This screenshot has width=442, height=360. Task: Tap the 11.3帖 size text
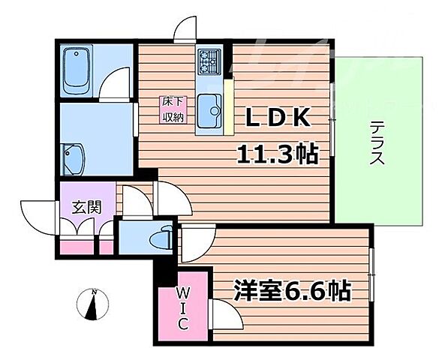coord(276,156)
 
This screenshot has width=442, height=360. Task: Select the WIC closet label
coord(182,308)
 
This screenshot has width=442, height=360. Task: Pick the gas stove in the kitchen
coord(207,60)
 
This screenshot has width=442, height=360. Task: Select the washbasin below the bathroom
coord(75,158)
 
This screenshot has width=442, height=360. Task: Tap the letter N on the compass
coord(92,292)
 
